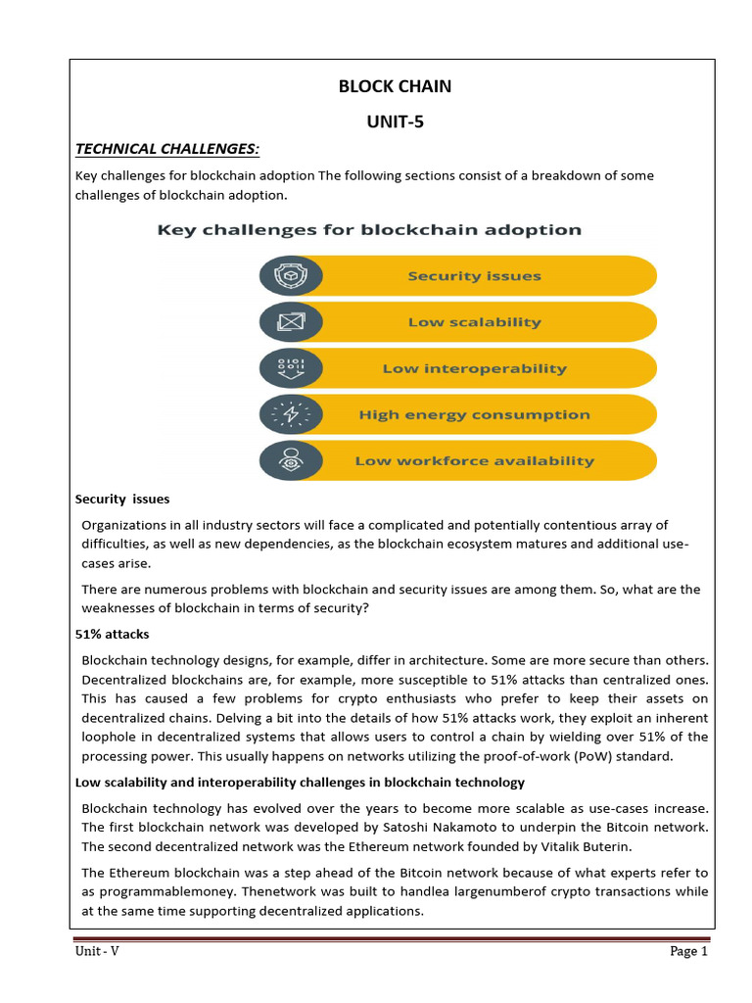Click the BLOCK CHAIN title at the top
pyautogui.click(x=395, y=86)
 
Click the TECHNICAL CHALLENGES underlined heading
pyautogui.click(x=167, y=148)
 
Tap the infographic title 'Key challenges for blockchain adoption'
pyautogui.click(x=369, y=230)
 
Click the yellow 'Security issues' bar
pyautogui.click(x=475, y=276)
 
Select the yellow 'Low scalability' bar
pyautogui.click(x=475, y=322)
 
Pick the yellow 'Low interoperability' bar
pyautogui.click(x=475, y=368)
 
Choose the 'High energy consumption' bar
pyautogui.click(x=475, y=414)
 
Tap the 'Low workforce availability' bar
pyautogui.click(x=475, y=460)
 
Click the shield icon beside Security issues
pyautogui.click(x=291, y=276)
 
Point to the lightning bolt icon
pyautogui.click(x=291, y=414)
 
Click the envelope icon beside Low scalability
pyautogui.click(x=291, y=322)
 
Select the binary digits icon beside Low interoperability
pyautogui.click(x=291, y=368)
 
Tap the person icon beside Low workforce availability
pyautogui.click(x=291, y=460)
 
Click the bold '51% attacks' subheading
pyautogui.click(x=113, y=635)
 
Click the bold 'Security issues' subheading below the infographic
pyautogui.click(x=122, y=500)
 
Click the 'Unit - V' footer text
pyautogui.click(x=97, y=951)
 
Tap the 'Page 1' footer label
pyautogui.click(x=688, y=951)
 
